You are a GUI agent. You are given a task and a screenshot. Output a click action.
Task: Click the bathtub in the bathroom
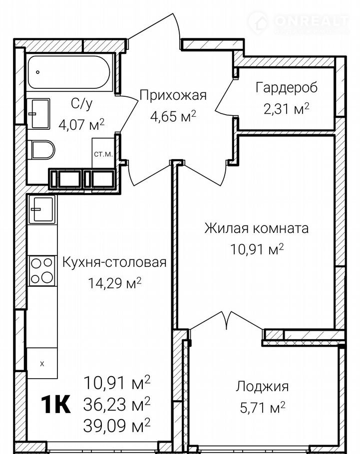click(x=69, y=72)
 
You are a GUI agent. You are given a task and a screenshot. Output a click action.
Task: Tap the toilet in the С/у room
click(x=42, y=149)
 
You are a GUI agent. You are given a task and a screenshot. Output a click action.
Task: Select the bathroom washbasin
click(x=38, y=114)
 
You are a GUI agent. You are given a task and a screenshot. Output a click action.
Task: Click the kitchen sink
click(x=42, y=209)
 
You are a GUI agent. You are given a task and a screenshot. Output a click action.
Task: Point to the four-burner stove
click(x=42, y=271)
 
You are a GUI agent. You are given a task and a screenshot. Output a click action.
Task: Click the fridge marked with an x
click(x=42, y=363)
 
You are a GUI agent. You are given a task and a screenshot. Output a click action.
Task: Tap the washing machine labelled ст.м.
click(x=103, y=153)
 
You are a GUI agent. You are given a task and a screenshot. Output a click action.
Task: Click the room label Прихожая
click(x=173, y=95)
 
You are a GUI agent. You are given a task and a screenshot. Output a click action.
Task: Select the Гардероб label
click(x=287, y=88)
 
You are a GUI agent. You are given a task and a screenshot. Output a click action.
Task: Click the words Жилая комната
click(x=257, y=228)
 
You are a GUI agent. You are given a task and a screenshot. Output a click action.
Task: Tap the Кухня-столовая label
click(x=115, y=262)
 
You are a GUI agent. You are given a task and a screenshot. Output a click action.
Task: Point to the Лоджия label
click(x=262, y=387)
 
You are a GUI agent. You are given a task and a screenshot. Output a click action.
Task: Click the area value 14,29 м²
click(x=115, y=283)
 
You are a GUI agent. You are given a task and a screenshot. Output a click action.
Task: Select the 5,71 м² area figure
click(x=263, y=408)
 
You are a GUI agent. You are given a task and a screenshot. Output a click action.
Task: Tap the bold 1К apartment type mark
click(x=56, y=404)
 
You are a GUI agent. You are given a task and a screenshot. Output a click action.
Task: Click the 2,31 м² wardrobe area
click(x=287, y=109)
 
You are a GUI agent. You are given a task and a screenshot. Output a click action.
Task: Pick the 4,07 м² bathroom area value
click(x=81, y=125)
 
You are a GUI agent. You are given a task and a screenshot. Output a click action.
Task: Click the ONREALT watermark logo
click(x=299, y=22)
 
